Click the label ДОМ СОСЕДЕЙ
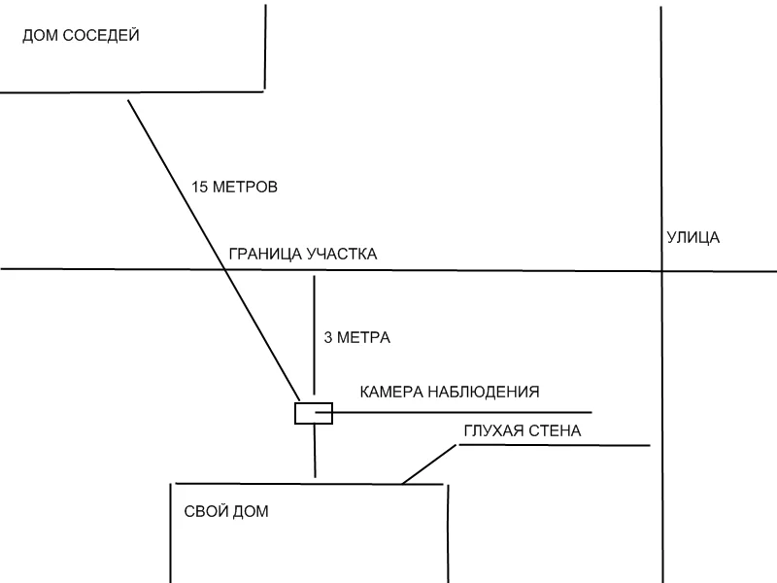[x=81, y=36]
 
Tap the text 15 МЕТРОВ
[x=235, y=187]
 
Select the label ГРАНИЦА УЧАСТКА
[x=302, y=255]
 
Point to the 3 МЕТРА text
[x=356, y=338]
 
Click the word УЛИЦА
[x=693, y=237]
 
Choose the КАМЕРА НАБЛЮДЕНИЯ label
[x=449, y=392]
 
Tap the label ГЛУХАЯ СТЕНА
[x=522, y=430]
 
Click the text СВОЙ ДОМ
[x=225, y=511]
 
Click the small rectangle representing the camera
[x=314, y=414]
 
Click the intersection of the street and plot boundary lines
[x=661, y=270]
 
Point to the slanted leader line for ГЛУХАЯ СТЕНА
[x=428, y=464]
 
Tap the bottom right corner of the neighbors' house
[x=264, y=90]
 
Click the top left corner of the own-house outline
[x=174, y=483]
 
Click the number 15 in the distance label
[x=201, y=187]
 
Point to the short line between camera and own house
[x=315, y=451]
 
